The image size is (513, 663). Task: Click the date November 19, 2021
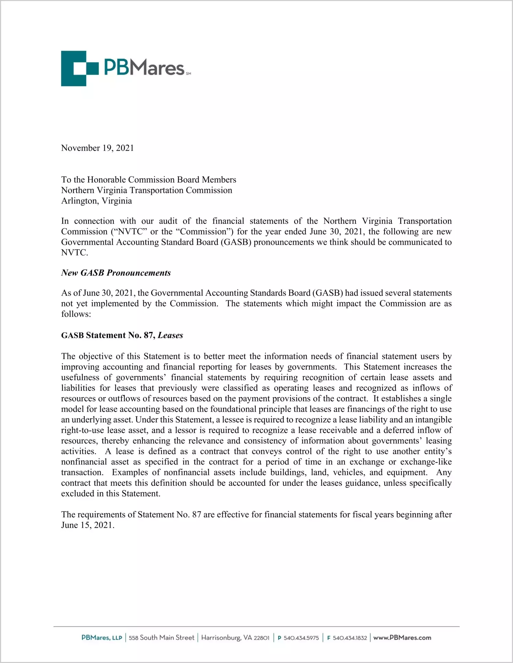pos(98,148)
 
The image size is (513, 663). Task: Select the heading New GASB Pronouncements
pos(116,273)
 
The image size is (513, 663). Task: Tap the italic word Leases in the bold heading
pos(170,335)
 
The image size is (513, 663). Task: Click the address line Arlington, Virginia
pos(96,201)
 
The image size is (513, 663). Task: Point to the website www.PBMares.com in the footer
pos(402,638)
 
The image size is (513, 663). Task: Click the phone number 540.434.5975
pos(301,638)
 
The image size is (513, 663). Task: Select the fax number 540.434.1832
pos(350,638)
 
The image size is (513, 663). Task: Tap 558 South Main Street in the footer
pos(161,638)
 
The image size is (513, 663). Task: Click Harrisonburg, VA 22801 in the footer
pos(235,638)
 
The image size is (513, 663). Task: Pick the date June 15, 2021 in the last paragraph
pos(87,525)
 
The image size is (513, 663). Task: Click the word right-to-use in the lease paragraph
pos(82,431)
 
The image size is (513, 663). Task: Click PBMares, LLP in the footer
pos(102,638)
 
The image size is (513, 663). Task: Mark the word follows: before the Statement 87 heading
pos(76,315)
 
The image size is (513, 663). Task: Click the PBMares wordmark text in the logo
pos(144,68)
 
